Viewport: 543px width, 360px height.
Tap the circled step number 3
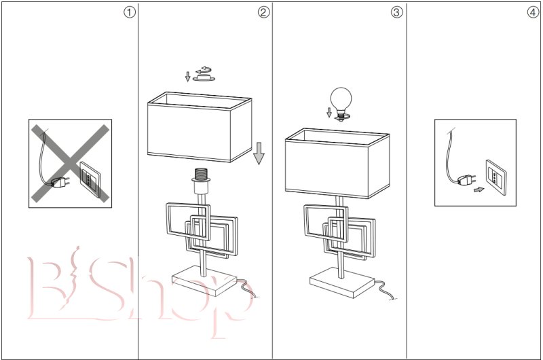tap(396, 12)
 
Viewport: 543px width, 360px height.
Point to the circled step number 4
tap(532, 12)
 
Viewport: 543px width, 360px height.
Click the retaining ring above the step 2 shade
tap(204, 77)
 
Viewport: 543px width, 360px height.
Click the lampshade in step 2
tap(200, 129)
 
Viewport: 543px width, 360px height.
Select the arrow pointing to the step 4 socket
tap(479, 190)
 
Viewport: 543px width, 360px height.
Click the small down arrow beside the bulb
tap(329, 113)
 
